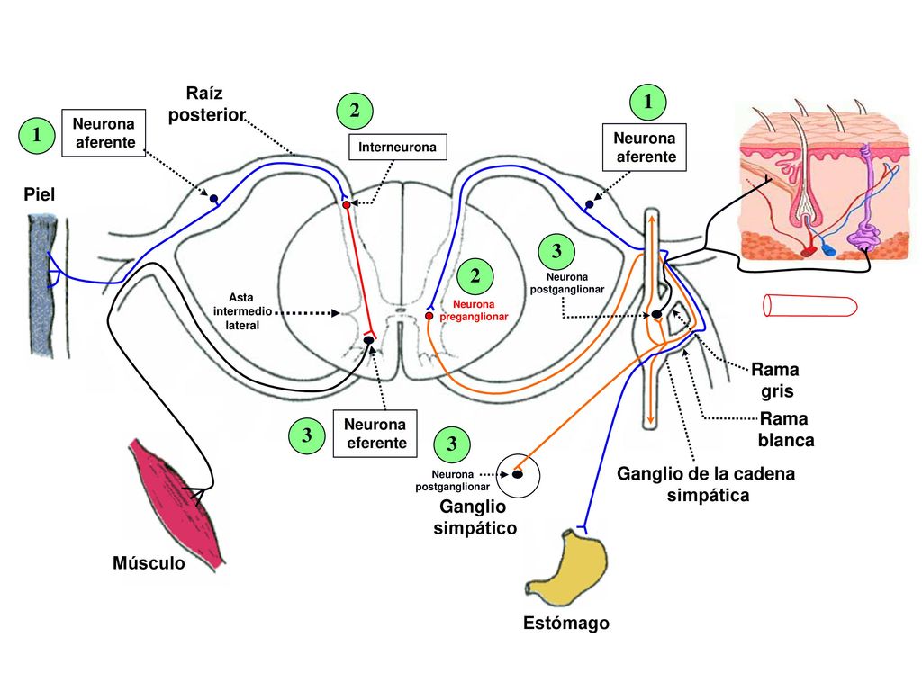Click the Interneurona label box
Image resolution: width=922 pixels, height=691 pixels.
(397, 147)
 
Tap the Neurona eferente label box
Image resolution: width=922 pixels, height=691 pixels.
(375, 434)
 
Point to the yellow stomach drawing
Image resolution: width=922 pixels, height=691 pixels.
(566, 569)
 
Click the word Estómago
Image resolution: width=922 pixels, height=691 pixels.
(566, 623)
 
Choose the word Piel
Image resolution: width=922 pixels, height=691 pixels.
(40, 194)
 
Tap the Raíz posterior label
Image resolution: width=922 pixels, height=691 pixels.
(206, 104)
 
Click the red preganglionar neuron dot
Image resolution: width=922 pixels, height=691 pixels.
(429, 316)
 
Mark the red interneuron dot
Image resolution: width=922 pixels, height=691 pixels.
(347, 204)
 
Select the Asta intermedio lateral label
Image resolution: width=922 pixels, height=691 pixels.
(241, 311)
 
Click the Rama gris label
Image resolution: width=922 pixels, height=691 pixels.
(776, 381)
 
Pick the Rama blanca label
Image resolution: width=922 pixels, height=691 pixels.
(786, 429)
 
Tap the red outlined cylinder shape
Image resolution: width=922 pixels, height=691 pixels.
(809, 306)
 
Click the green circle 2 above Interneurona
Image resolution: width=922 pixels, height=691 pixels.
(355, 111)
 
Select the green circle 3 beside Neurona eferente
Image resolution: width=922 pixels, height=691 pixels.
(307, 436)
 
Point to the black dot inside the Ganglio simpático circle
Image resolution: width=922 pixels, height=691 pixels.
(518, 474)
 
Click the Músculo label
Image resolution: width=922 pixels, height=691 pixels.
(149, 563)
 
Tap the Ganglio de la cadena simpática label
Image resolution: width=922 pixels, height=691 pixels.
(706, 484)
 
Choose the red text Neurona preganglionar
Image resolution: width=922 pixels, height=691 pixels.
(474, 310)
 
